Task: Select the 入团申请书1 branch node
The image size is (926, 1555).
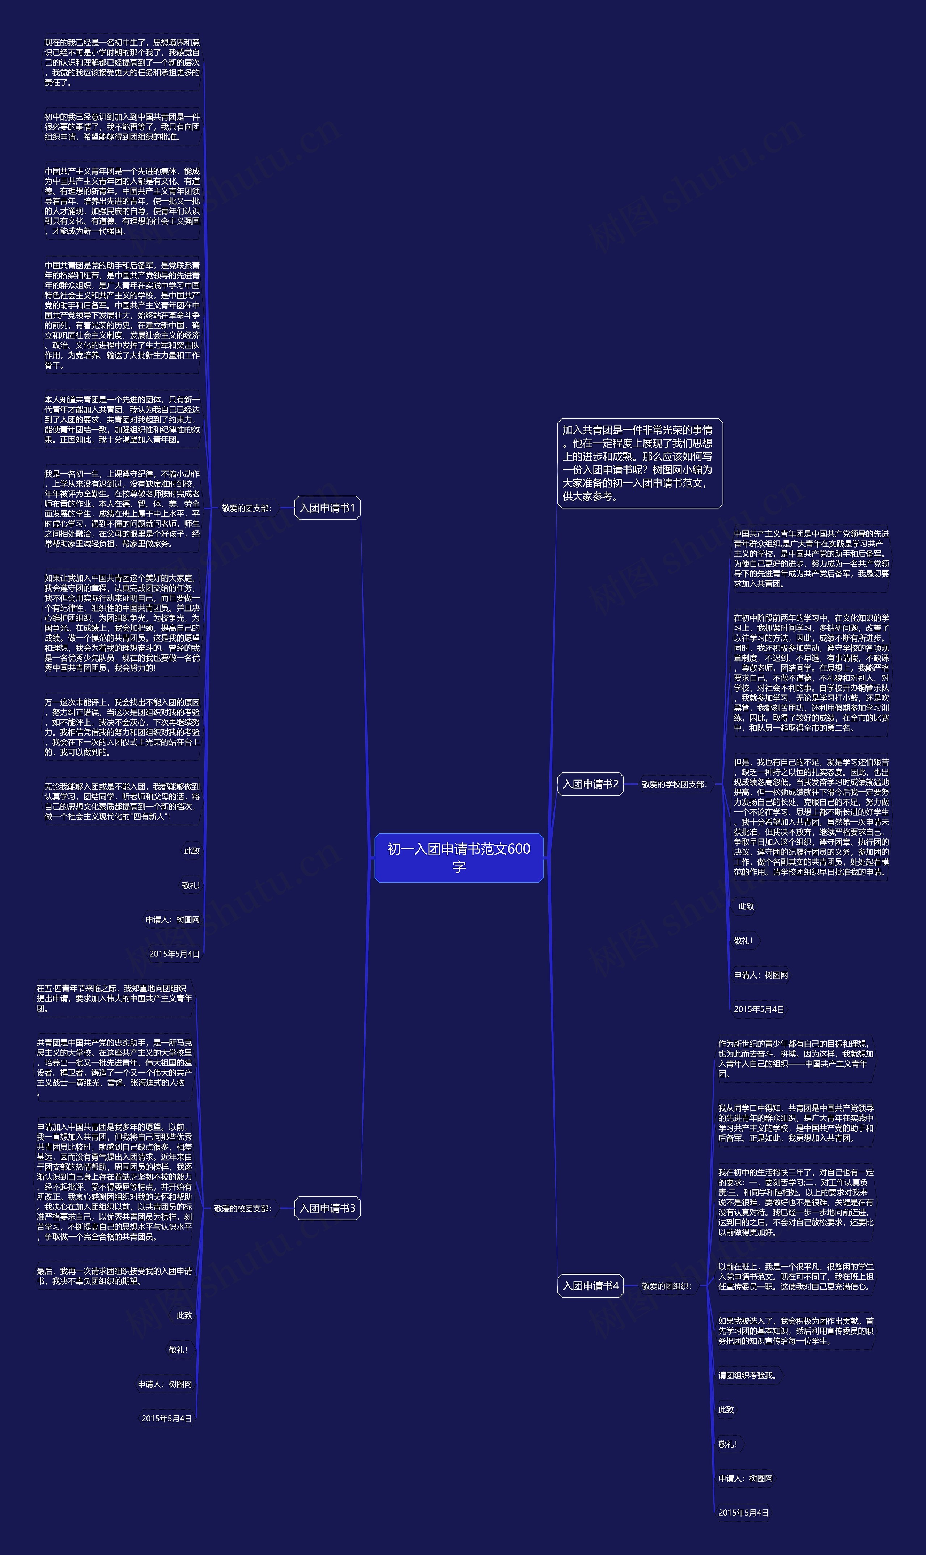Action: (327, 508)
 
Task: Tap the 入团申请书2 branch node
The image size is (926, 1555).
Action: (590, 784)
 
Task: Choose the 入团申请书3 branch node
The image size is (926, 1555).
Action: (327, 1208)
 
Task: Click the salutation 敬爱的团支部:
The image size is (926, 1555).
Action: (246, 508)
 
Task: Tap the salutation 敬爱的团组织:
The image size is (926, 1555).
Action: (666, 1286)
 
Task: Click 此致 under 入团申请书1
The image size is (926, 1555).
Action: (192, 851)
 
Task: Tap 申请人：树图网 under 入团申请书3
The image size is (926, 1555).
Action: (165, 1384)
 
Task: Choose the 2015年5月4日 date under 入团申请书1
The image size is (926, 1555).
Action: (174, 954)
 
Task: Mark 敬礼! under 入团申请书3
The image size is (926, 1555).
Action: (178, 1349)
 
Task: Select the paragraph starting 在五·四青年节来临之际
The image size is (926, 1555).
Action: (114, 998)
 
